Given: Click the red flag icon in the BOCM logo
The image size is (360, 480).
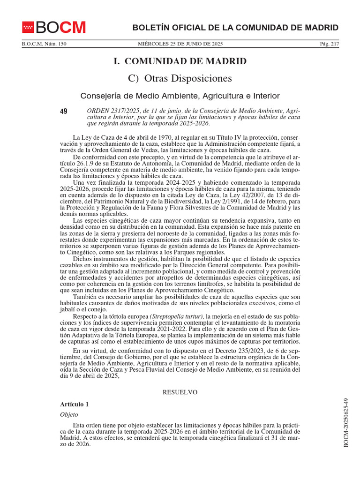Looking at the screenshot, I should coord(29,28).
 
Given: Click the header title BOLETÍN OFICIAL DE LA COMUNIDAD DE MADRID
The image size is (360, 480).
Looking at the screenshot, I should coord(235,28).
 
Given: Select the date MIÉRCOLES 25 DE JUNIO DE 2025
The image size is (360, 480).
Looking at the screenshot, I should coord(180,44).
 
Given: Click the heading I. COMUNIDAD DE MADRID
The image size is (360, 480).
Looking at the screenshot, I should coord(180,61).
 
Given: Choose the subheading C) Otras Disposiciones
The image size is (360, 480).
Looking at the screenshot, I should coord(180,78).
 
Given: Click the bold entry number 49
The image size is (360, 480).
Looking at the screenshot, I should coord(64,112).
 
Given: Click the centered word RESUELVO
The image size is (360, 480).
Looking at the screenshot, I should coord(180,392).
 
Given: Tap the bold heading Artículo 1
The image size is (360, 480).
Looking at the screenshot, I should coord(74,404).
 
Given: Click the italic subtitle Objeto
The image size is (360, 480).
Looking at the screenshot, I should coord(69,414).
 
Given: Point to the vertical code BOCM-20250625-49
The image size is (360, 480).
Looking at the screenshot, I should coord(346,422).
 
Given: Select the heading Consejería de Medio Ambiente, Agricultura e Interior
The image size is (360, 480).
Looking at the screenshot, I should coord(180,96).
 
